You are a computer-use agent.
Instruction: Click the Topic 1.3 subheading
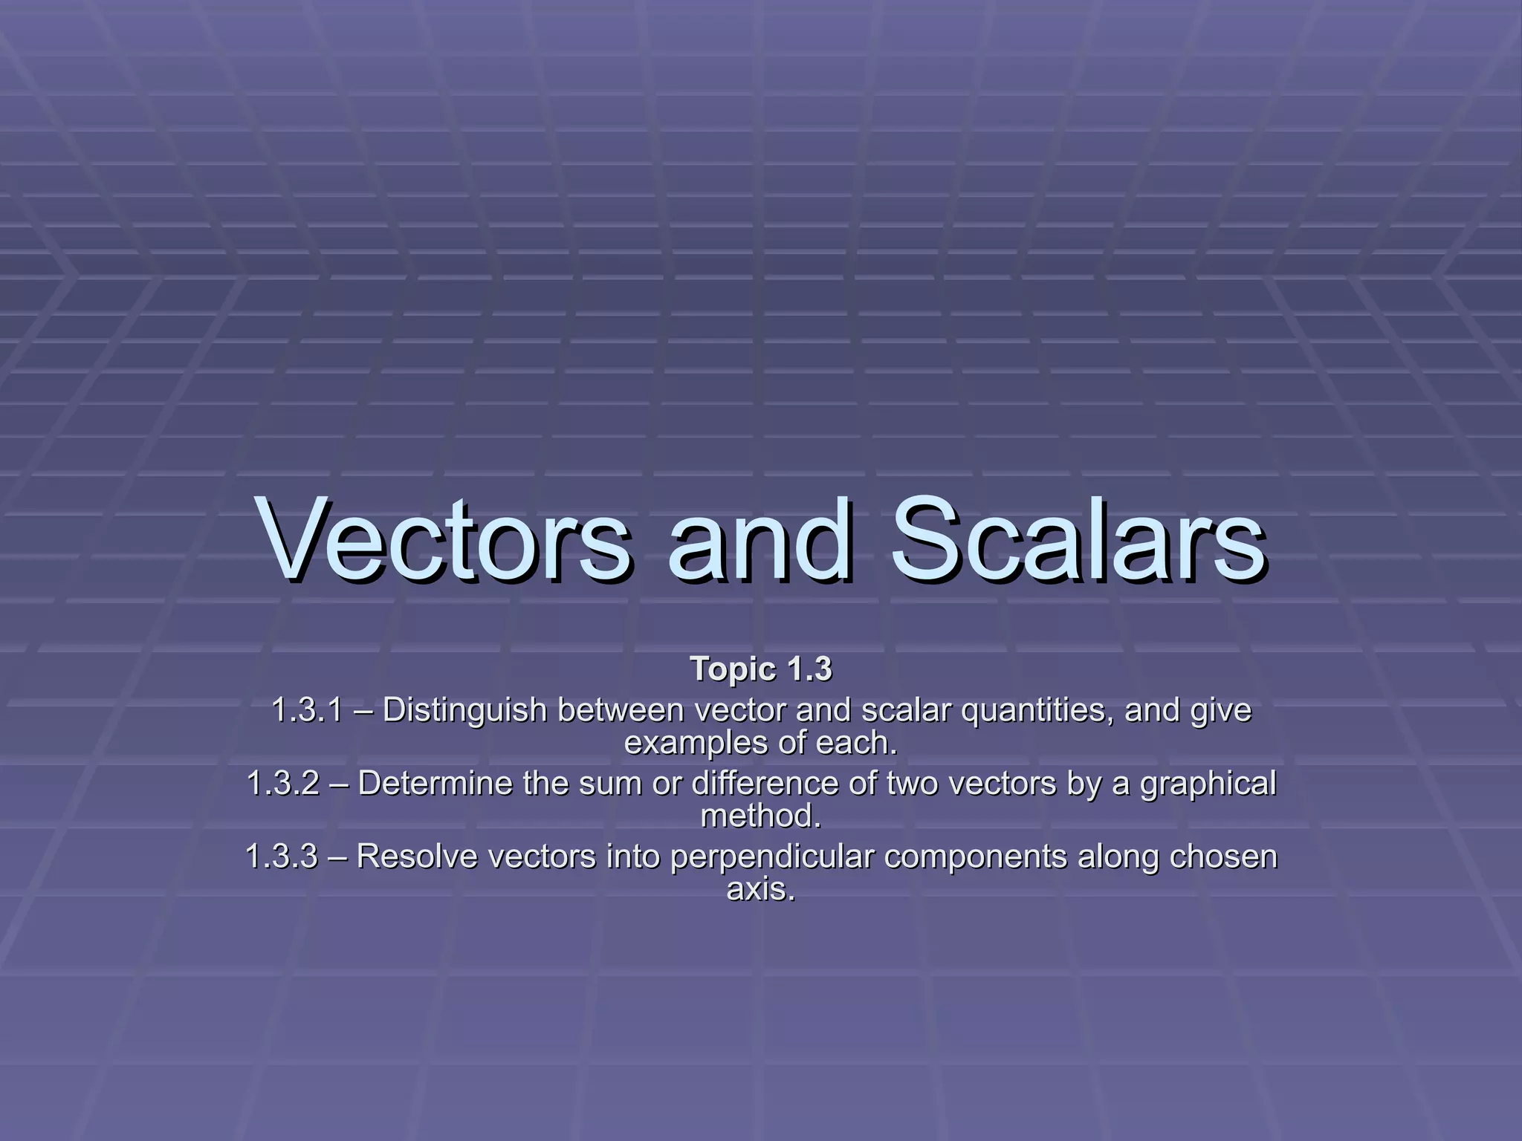click(761, 669)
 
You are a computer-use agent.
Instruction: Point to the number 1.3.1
click(307, 710)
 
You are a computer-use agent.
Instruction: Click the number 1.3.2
click(282, 783)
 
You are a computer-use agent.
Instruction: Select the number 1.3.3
click(281, 856)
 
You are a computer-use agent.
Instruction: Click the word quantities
click(1037, 710)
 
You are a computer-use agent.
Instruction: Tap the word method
click(761, 816)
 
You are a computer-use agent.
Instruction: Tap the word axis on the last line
click(760, 889)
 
